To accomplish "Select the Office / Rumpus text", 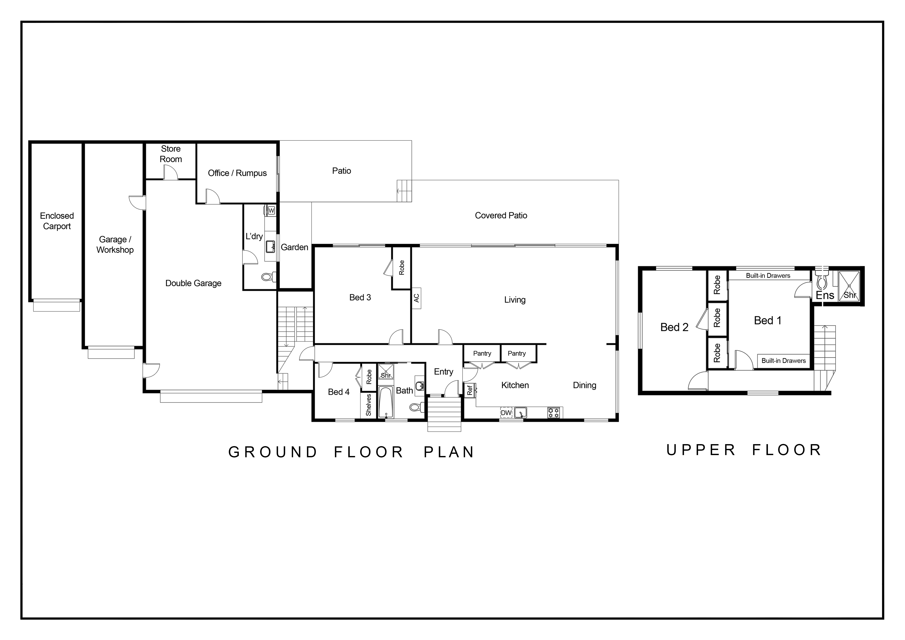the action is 237,173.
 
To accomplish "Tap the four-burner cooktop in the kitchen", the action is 553,413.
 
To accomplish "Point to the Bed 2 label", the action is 674,327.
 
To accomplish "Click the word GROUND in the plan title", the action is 273,452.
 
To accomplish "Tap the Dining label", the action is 584,385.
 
